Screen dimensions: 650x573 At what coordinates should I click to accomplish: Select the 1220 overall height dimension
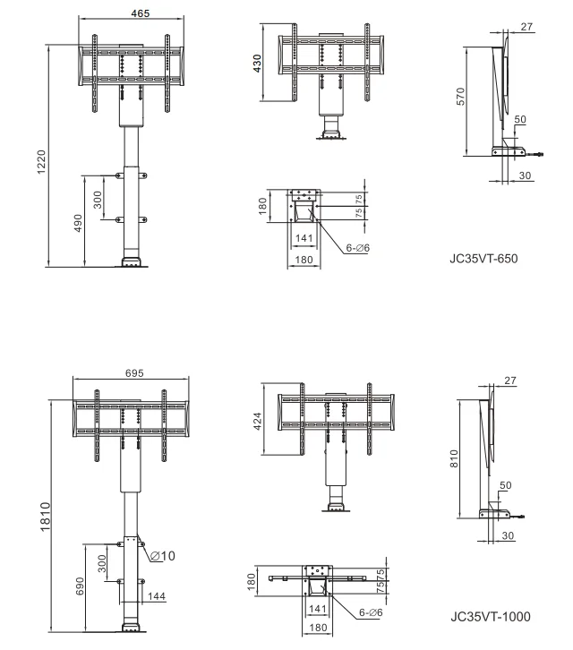[x=40, y=162]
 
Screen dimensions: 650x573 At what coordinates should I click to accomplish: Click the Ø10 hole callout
[x=163, y=555]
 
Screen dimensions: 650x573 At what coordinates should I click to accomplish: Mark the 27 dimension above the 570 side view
[x=527, y=27]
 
